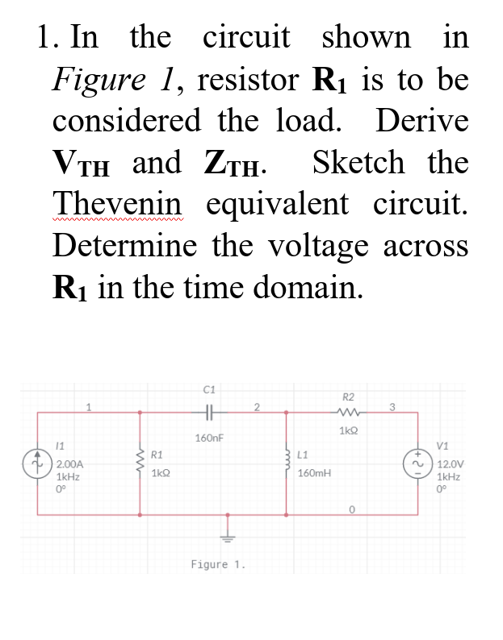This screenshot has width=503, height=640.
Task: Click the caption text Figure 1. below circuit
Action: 217,564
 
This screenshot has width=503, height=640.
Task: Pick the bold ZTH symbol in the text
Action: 230,164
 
